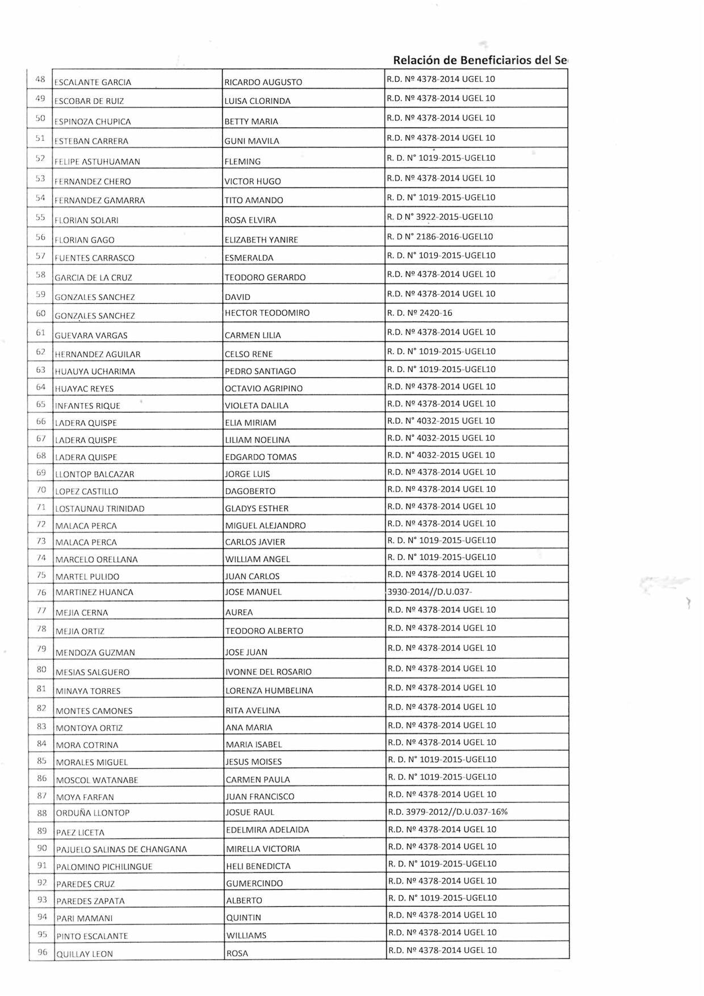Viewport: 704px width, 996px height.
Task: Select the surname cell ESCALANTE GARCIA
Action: (x=93, y=82)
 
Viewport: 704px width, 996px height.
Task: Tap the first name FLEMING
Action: (x=242, y=162)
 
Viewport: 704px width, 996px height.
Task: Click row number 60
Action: (x=41, y=313)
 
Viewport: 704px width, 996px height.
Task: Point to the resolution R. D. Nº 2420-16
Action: (x=420, y=313)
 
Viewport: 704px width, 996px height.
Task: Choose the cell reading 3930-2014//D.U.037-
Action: (x=430, y=592)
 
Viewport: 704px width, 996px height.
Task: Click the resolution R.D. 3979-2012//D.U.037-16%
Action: (x=448, y=812)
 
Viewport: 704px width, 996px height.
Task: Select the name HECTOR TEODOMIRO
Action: (x=267, y=313)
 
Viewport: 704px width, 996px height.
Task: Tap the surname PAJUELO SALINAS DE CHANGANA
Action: (x=121, y=849)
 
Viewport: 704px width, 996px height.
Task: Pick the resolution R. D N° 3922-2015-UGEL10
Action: (x=440, y=217)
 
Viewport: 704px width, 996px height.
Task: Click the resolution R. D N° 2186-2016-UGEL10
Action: (x=440, y=237)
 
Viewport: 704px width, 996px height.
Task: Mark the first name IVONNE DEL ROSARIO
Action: (x=269, y=672)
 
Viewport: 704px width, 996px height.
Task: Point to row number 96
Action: (x=43, y=952)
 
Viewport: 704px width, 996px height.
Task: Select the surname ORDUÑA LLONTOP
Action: (x=93, y=813)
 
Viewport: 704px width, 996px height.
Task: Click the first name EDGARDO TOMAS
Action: (x=261, y=457)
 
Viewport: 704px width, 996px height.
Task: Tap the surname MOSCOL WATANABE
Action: (x=97, y=780)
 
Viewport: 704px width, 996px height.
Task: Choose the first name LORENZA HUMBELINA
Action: (x=269, y=691)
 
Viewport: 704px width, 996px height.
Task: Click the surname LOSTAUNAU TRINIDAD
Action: (x=100, y=509)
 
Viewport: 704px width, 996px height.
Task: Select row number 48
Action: (x=40, y=79)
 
